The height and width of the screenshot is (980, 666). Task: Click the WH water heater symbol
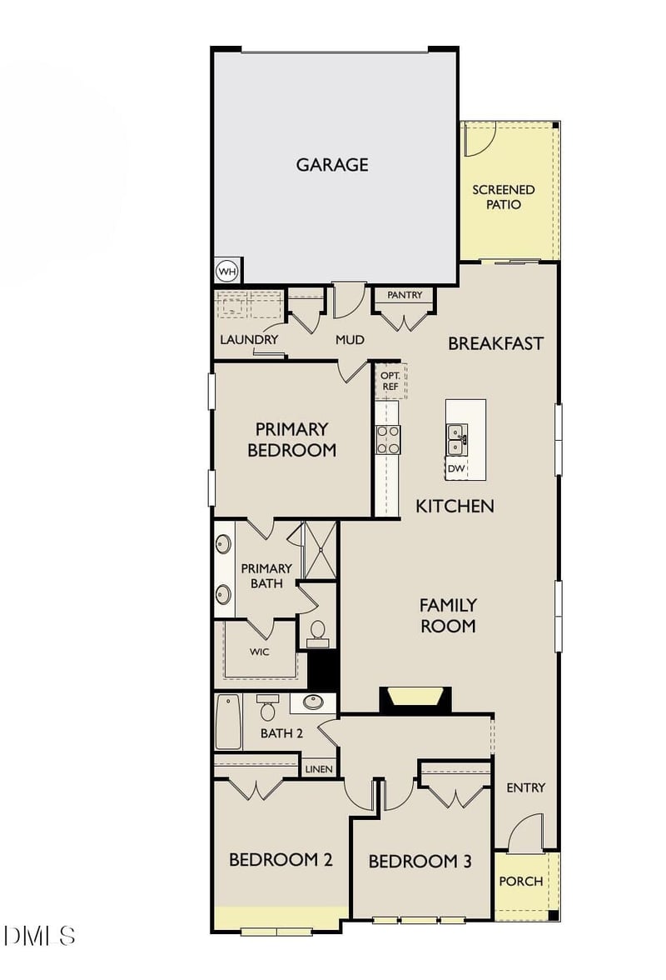[x=226, y=272]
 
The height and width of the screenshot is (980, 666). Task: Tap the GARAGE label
[x=332, y=165]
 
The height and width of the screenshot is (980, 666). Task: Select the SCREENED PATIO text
[x=504, y=197]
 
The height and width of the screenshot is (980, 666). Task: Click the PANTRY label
[x=405, y=295]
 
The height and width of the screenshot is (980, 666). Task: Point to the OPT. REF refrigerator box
[x=390, y=381]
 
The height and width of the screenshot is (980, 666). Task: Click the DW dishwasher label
[x=455, y=469]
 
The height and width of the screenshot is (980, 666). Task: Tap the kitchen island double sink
[x=457, y=439]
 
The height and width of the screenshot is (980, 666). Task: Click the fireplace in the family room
[x=415, y=699]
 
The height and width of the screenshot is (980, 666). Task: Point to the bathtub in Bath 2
[x=228, y=722]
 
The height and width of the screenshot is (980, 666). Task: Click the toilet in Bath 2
[x=267, y=708]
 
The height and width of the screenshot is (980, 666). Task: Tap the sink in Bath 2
[x=313, y=702]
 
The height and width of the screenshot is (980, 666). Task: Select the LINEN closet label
[x=319, y=769]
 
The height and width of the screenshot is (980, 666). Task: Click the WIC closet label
[x=259, y=652]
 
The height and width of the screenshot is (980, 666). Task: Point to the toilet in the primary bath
[x=317, y=633]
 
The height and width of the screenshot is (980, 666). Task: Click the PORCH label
[x=521, y=882]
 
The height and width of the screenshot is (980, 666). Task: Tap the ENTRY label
[x=526, y=787]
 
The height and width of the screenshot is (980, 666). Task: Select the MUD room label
[x=350, y=340]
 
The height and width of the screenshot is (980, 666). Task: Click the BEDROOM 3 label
[x=420, y=862]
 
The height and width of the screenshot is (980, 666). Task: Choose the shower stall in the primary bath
[x=320, y=550]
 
